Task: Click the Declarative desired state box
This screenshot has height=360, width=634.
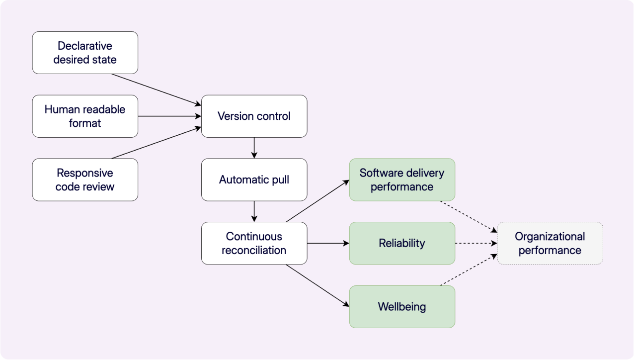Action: [x=85, y=53]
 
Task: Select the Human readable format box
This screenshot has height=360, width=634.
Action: [x=85, y=116]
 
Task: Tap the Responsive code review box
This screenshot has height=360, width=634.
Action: [x=85, y=180]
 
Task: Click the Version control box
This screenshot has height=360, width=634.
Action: [x=254, y=116]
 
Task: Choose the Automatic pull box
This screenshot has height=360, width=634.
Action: [x=254, y=180]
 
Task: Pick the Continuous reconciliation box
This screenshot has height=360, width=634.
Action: [x=254, y=243]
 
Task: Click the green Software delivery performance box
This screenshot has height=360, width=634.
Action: [x=402, y=180]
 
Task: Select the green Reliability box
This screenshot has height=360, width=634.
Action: [x=402, y=243]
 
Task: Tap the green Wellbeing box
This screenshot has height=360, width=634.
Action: [x=402, y=307]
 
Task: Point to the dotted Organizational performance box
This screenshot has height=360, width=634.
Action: [x=550, y=243]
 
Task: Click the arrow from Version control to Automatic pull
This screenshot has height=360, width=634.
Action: [x=254, y=148]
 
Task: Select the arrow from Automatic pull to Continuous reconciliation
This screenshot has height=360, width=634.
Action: [x=254, y=211]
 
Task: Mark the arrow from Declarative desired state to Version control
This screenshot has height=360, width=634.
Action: [x=157, y=90]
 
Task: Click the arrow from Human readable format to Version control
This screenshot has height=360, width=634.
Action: [x=169, y=116]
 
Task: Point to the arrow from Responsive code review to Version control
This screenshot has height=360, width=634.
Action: [x=157, y=143]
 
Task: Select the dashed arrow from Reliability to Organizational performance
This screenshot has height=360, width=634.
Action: [x=476, y=243]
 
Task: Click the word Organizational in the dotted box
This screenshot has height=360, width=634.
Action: [x=550, y=237]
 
